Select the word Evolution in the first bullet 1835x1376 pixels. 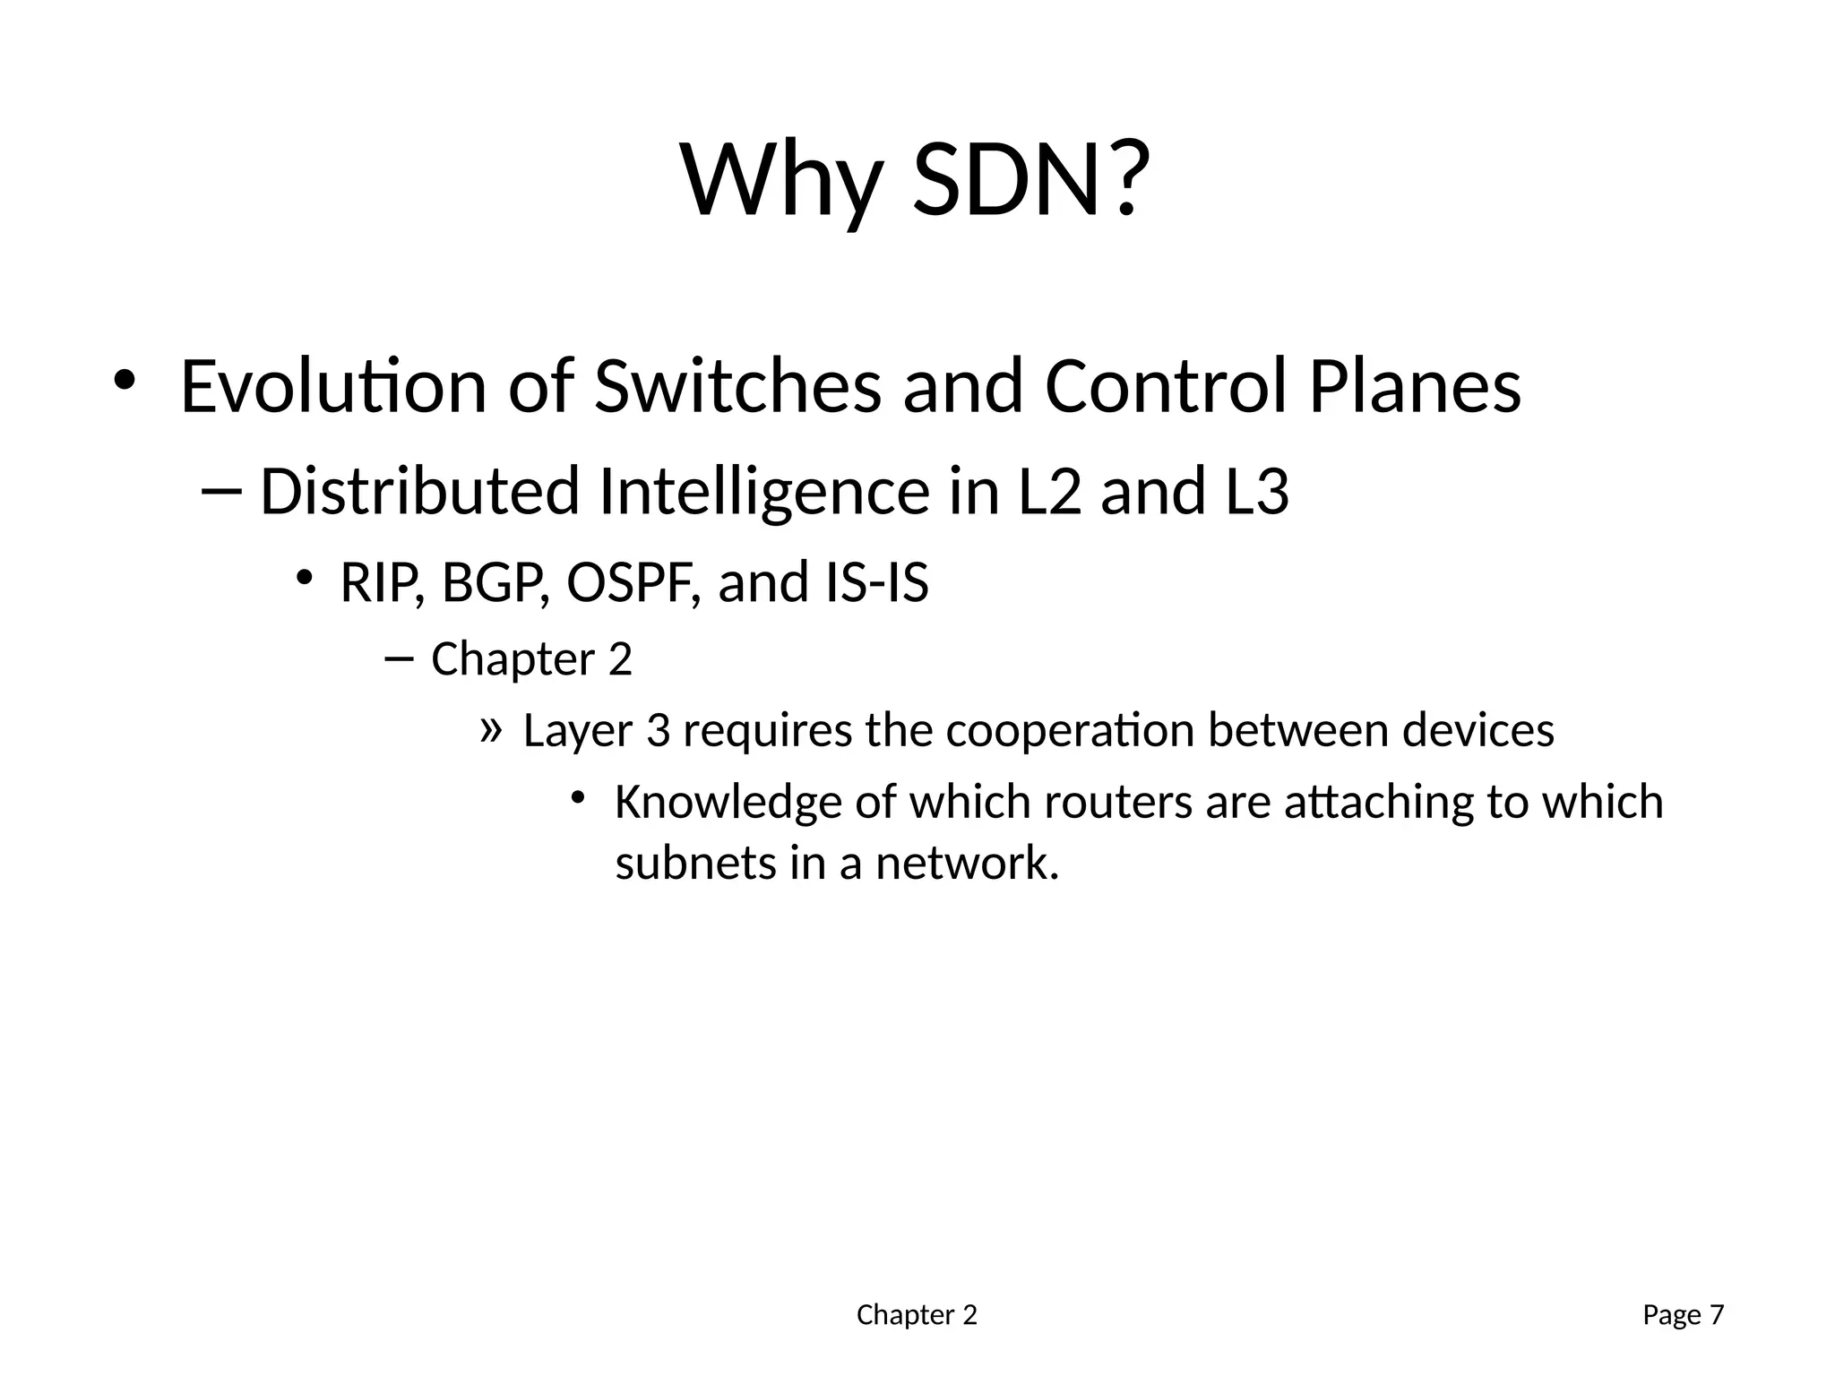click(333, 387)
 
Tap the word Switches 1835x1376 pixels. click(737, 387)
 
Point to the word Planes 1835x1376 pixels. click(1415, 387)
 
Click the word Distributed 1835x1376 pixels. click(419, 492)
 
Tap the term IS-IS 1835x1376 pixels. click(875, 582)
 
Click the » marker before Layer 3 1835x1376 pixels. click(489, 729)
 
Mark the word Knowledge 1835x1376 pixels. click(728, 802)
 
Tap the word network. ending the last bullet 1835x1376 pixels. click(967, 863)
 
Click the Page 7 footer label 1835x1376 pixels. click(1683, 1315)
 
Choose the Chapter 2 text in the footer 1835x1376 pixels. click(917, 1315)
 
